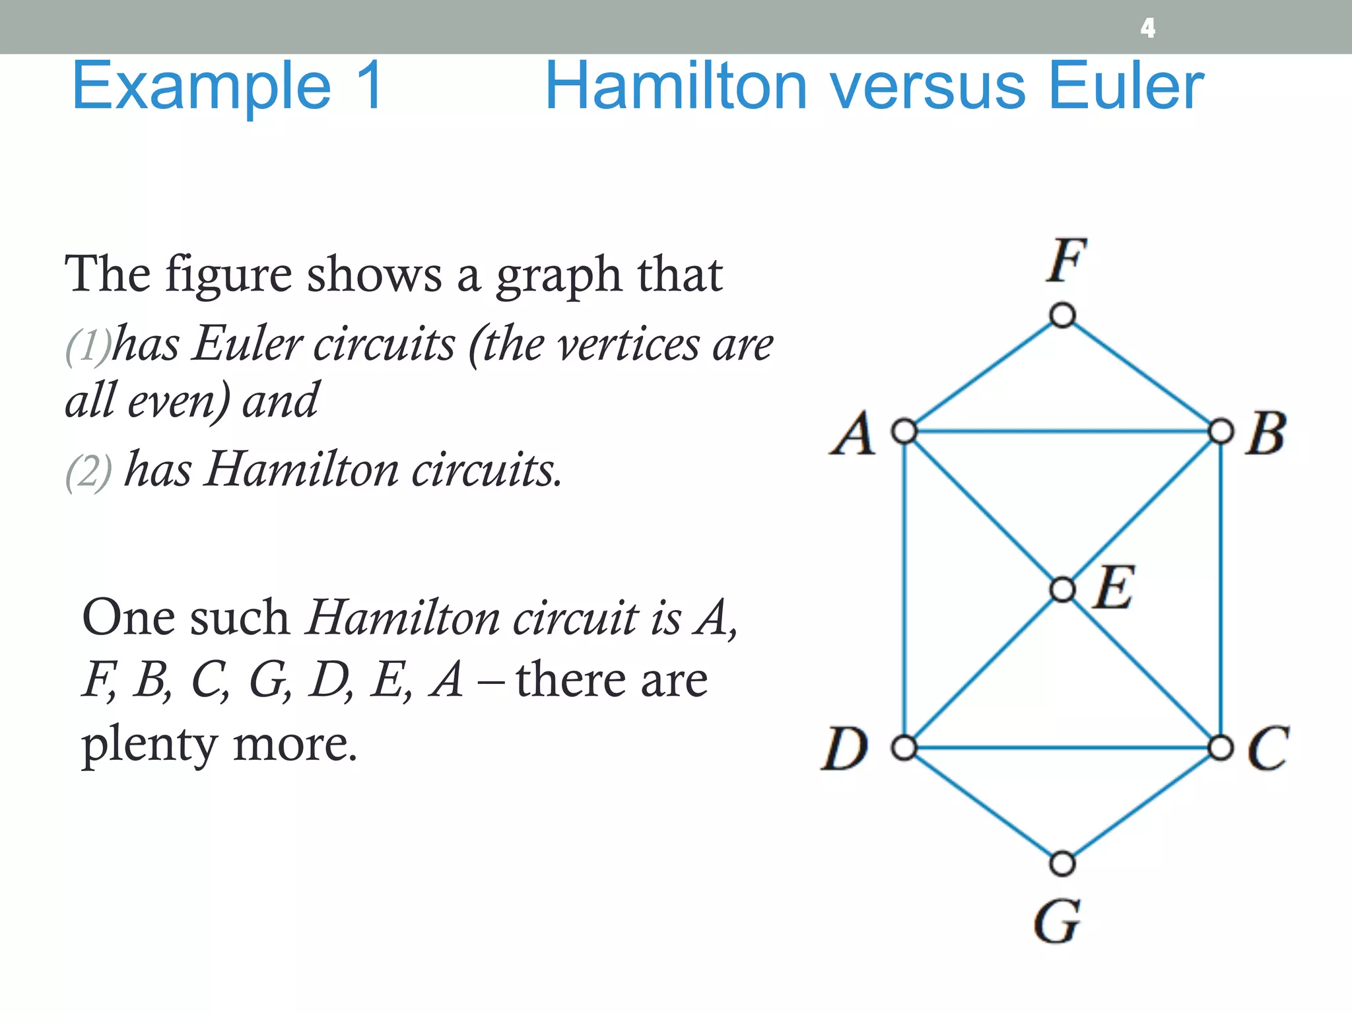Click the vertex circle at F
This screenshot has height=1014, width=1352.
pos(1062,315)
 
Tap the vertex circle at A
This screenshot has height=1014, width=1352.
pos(904,432)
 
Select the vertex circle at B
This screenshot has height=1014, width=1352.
pos(1221,432)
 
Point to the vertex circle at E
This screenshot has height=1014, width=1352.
pos(1062,589)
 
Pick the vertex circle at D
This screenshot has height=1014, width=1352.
pos(904,748)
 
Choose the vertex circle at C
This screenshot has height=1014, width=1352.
pos(1221,748)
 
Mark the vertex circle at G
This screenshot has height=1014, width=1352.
pos(1062,863)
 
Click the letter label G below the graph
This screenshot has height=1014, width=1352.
pos(1057,922)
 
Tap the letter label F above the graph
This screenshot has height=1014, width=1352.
pos(1065,260)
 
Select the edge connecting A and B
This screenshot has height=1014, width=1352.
pos(1062,432)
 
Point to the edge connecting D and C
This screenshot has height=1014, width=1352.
pos(1062,748)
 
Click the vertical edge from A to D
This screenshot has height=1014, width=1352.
pos(904,590)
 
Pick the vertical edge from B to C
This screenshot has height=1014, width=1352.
pos(1221,590)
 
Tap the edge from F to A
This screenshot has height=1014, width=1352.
pos(984,373)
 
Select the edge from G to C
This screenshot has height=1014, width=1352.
pos(1141,806)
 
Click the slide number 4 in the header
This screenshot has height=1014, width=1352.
pos(1148,28)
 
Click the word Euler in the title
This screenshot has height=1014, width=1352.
pos(1126,86)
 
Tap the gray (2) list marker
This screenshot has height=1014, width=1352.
pos(88,471)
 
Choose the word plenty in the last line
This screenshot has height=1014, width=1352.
pos(149,745)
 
